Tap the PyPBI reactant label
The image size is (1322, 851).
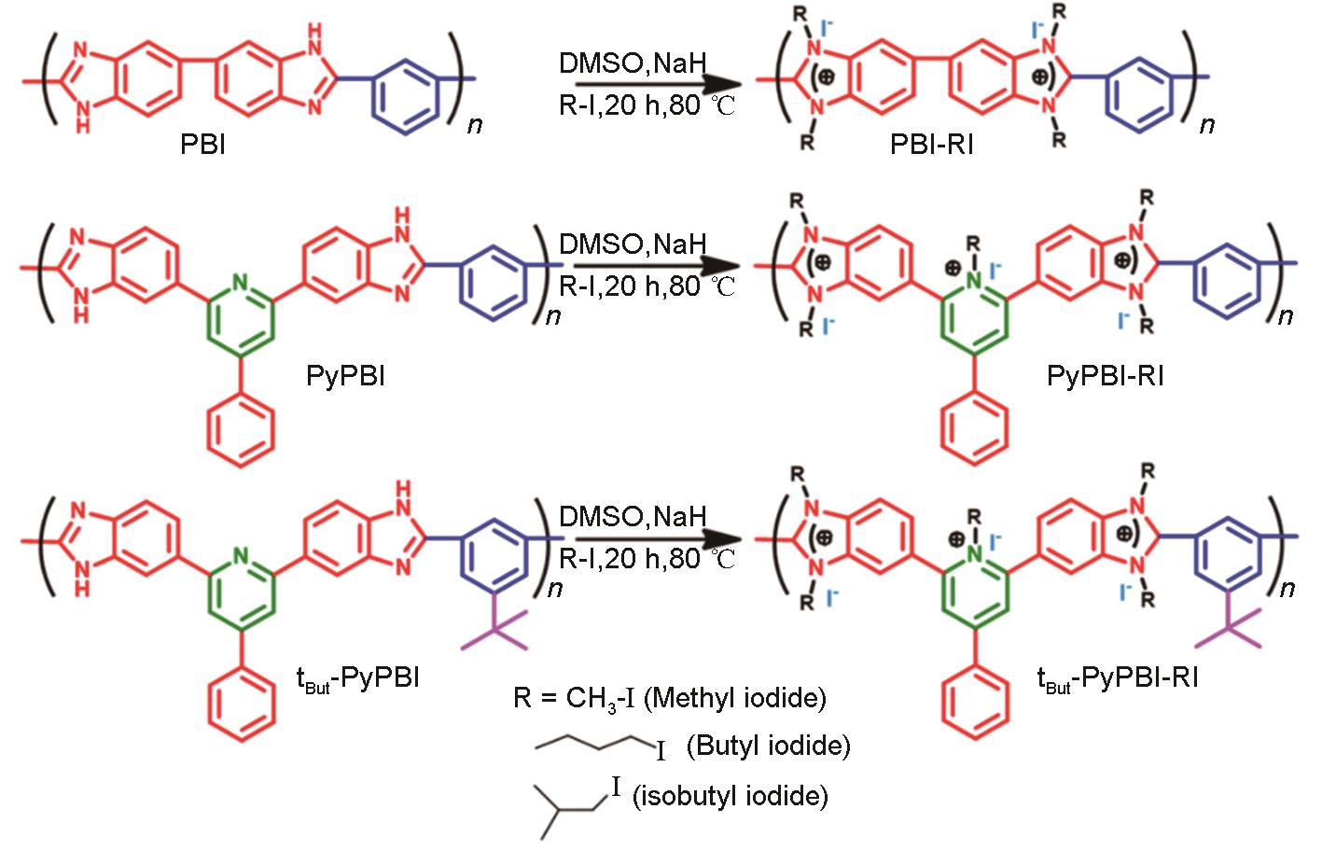point(345,377)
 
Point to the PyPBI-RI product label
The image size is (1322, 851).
point(1106,377)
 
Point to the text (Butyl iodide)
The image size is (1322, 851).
point(768,746)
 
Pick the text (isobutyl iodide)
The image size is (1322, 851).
point(730,795)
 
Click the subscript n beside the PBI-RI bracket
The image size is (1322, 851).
point(1207,124)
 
